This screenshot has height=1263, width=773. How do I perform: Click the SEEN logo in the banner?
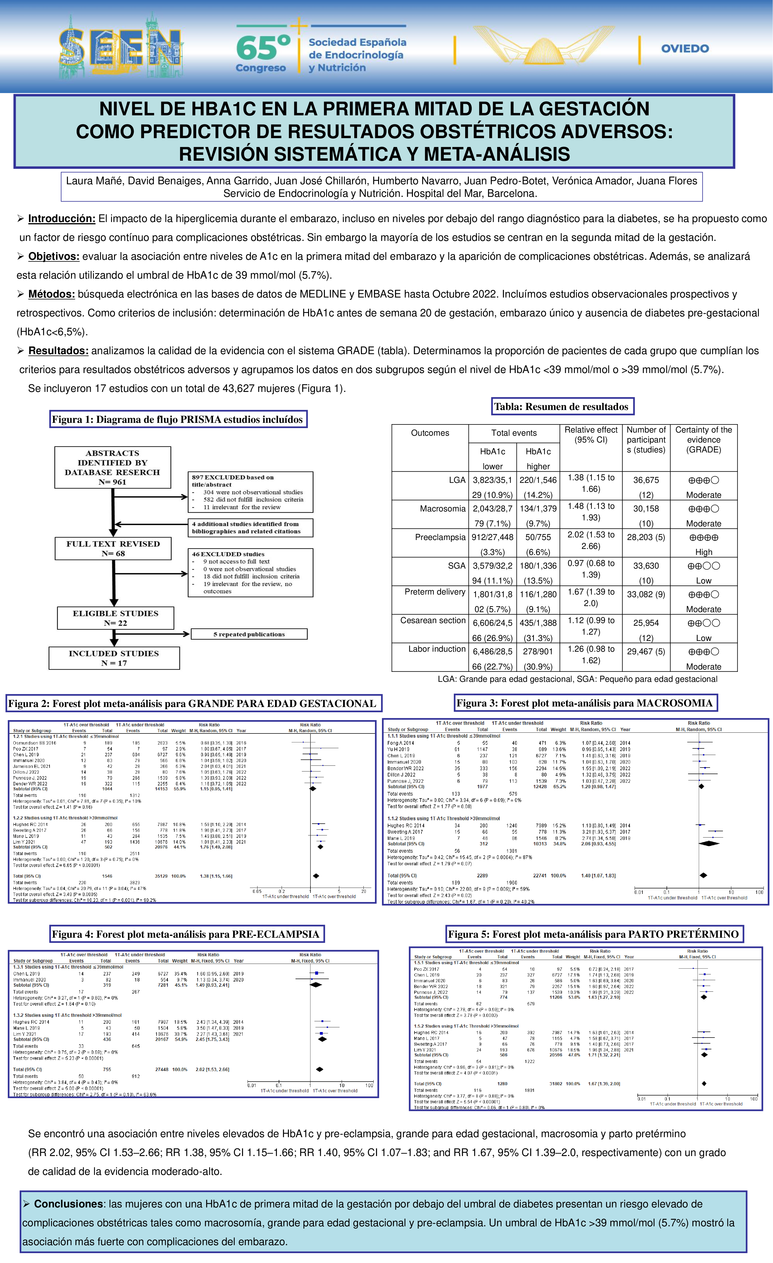pyautogui.click(x=120, y=47)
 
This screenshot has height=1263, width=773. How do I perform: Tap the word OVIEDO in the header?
pyautogui.click(x=685, y=49)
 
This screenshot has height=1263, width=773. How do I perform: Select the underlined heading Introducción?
pyautogui.click(x=62, y=219)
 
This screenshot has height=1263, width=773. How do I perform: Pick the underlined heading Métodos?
pyautogui.click(x=51, y=294)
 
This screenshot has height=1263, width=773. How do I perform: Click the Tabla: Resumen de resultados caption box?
pyautogui.click(x=562, y=407)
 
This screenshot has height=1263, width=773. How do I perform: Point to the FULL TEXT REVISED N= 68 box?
pyautogui.click(x=113, y=548)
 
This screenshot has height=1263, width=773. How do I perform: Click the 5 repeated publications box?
pyautogui.click(x=249, y=634)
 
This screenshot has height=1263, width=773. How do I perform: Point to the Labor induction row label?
pyautogui.click(x=437, y=649)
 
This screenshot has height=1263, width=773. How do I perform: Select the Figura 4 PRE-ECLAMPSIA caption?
pyautogui.click(x=186, y=934)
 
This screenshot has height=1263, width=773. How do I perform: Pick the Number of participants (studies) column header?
pyautogui.click(x=646, y=440)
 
